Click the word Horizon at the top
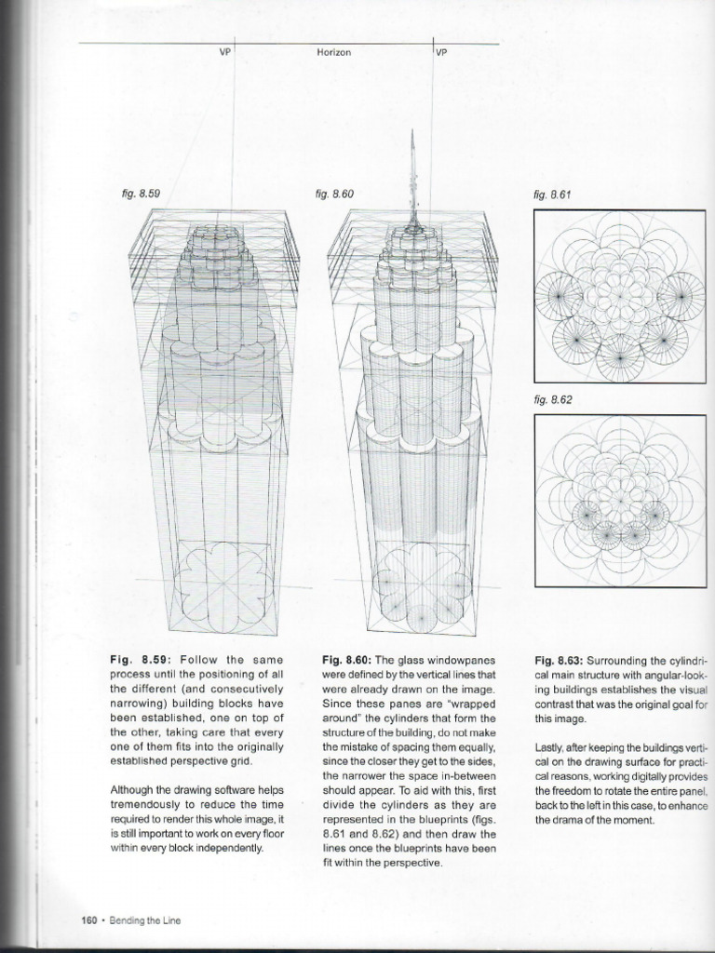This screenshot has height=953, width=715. [333, 53]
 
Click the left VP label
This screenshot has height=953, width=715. [224, 53]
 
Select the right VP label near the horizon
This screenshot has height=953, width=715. [441, 53]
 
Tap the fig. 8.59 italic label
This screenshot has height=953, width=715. [141, 194]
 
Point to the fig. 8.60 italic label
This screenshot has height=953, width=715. [336, 194]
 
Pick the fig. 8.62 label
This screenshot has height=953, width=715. [551, 399]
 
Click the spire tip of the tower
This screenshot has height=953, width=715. [411, 133]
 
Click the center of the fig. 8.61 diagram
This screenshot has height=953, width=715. [619, 297]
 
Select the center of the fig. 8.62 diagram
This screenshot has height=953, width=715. [619, 500]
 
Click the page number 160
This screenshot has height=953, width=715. [90, 920]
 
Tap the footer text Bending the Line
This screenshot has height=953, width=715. [144, 920]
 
